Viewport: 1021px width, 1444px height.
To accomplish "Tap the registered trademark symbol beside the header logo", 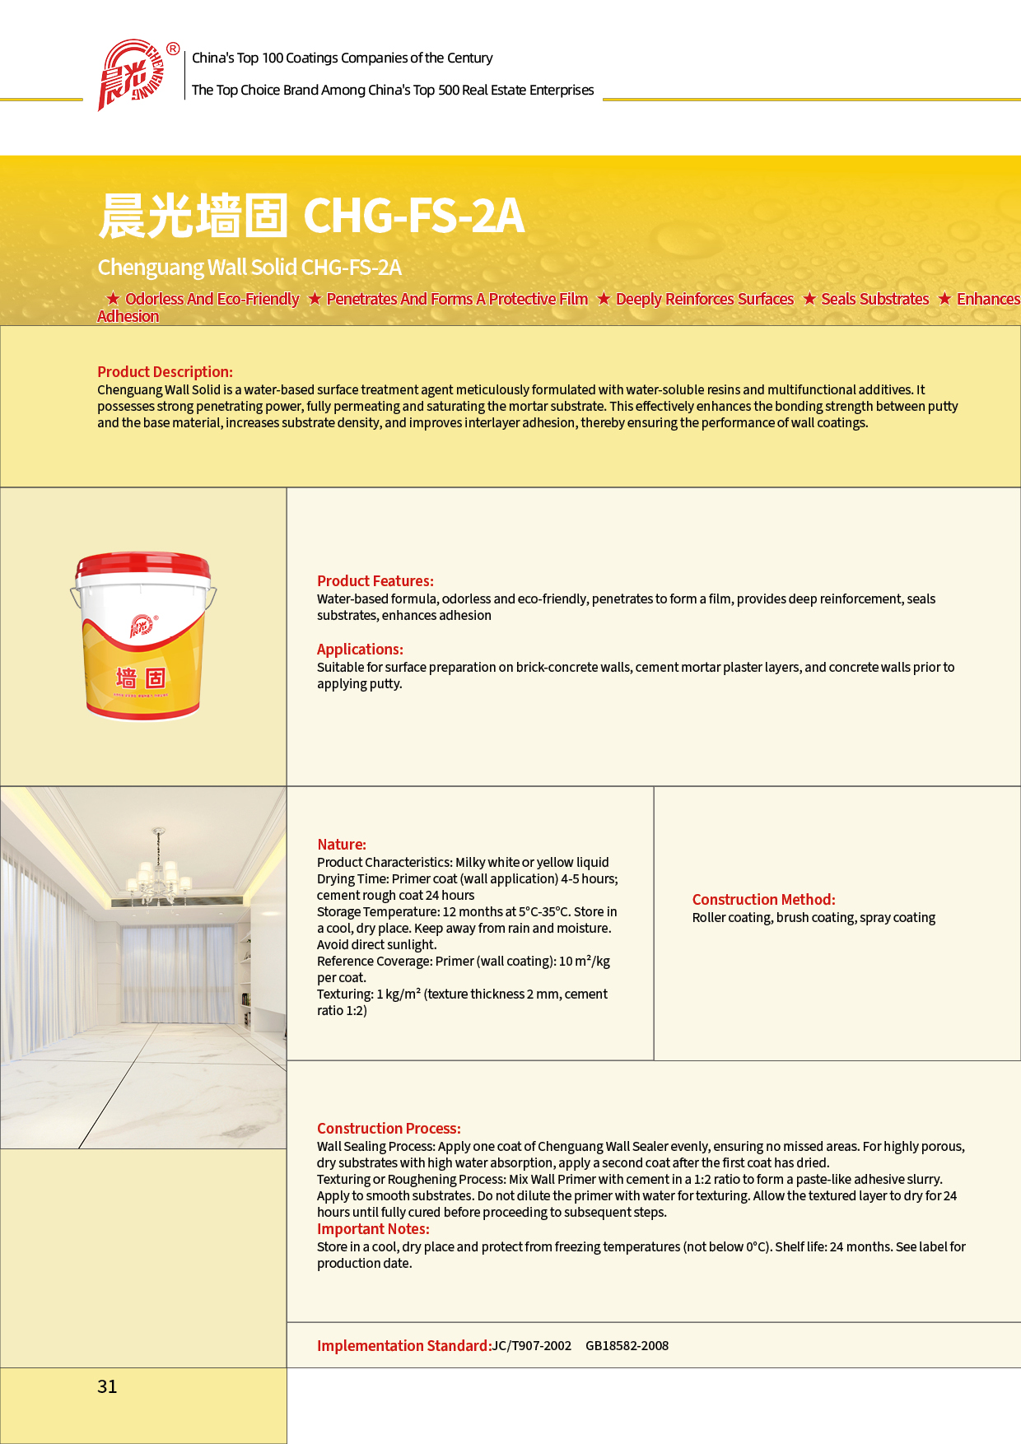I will (x=173, y=49).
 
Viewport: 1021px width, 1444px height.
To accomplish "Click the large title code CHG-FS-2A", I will (x=413, y=216).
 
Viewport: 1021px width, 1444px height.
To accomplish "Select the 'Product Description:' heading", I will (x=165, y=371).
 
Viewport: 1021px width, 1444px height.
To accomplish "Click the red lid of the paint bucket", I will (x=143, y=567).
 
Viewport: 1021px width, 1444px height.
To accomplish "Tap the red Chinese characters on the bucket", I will (x=141, y=678).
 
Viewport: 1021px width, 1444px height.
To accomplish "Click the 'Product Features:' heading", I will (x=375, y=580).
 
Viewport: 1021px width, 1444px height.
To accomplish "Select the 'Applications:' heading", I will (x=360, y=649).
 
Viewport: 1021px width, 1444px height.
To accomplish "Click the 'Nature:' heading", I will (x=342, y=844).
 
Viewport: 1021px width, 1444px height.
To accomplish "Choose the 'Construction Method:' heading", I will (x=763, y=899).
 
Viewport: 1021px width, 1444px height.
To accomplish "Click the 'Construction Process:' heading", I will (x=389, y=1128).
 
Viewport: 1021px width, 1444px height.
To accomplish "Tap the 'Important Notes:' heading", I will (x=373, y=1228).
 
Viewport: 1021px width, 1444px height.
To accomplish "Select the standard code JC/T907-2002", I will (x=532, y=1345).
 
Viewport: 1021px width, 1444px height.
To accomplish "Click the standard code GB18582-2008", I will (x=627, y=1345).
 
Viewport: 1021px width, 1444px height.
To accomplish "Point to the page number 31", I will (x=107, y=1386).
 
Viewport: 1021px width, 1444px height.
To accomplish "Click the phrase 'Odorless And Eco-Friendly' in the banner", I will (x=212, y=299).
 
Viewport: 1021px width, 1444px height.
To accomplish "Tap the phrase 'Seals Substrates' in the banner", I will (x=874, y=299).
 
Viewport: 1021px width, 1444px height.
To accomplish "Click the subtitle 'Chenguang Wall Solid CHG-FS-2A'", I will (x=249, y=267).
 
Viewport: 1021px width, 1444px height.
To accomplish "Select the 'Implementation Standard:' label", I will (x=403, y=1345).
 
